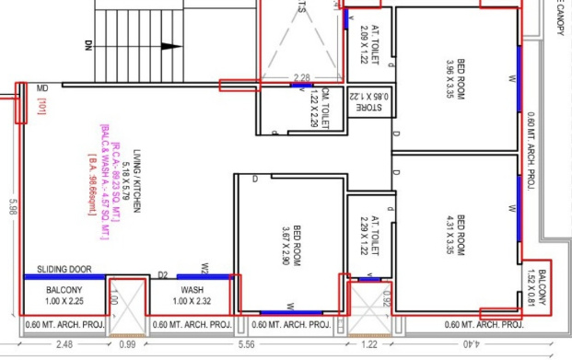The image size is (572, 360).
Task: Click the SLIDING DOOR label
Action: [64, 270]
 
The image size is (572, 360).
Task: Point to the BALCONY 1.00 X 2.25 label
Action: [64, 296]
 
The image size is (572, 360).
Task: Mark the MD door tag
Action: [42, 87]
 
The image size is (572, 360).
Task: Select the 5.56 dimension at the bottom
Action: [271, 345]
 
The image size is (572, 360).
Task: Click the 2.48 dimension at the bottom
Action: [64, 345]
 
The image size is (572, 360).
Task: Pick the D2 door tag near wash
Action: [163, 273]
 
